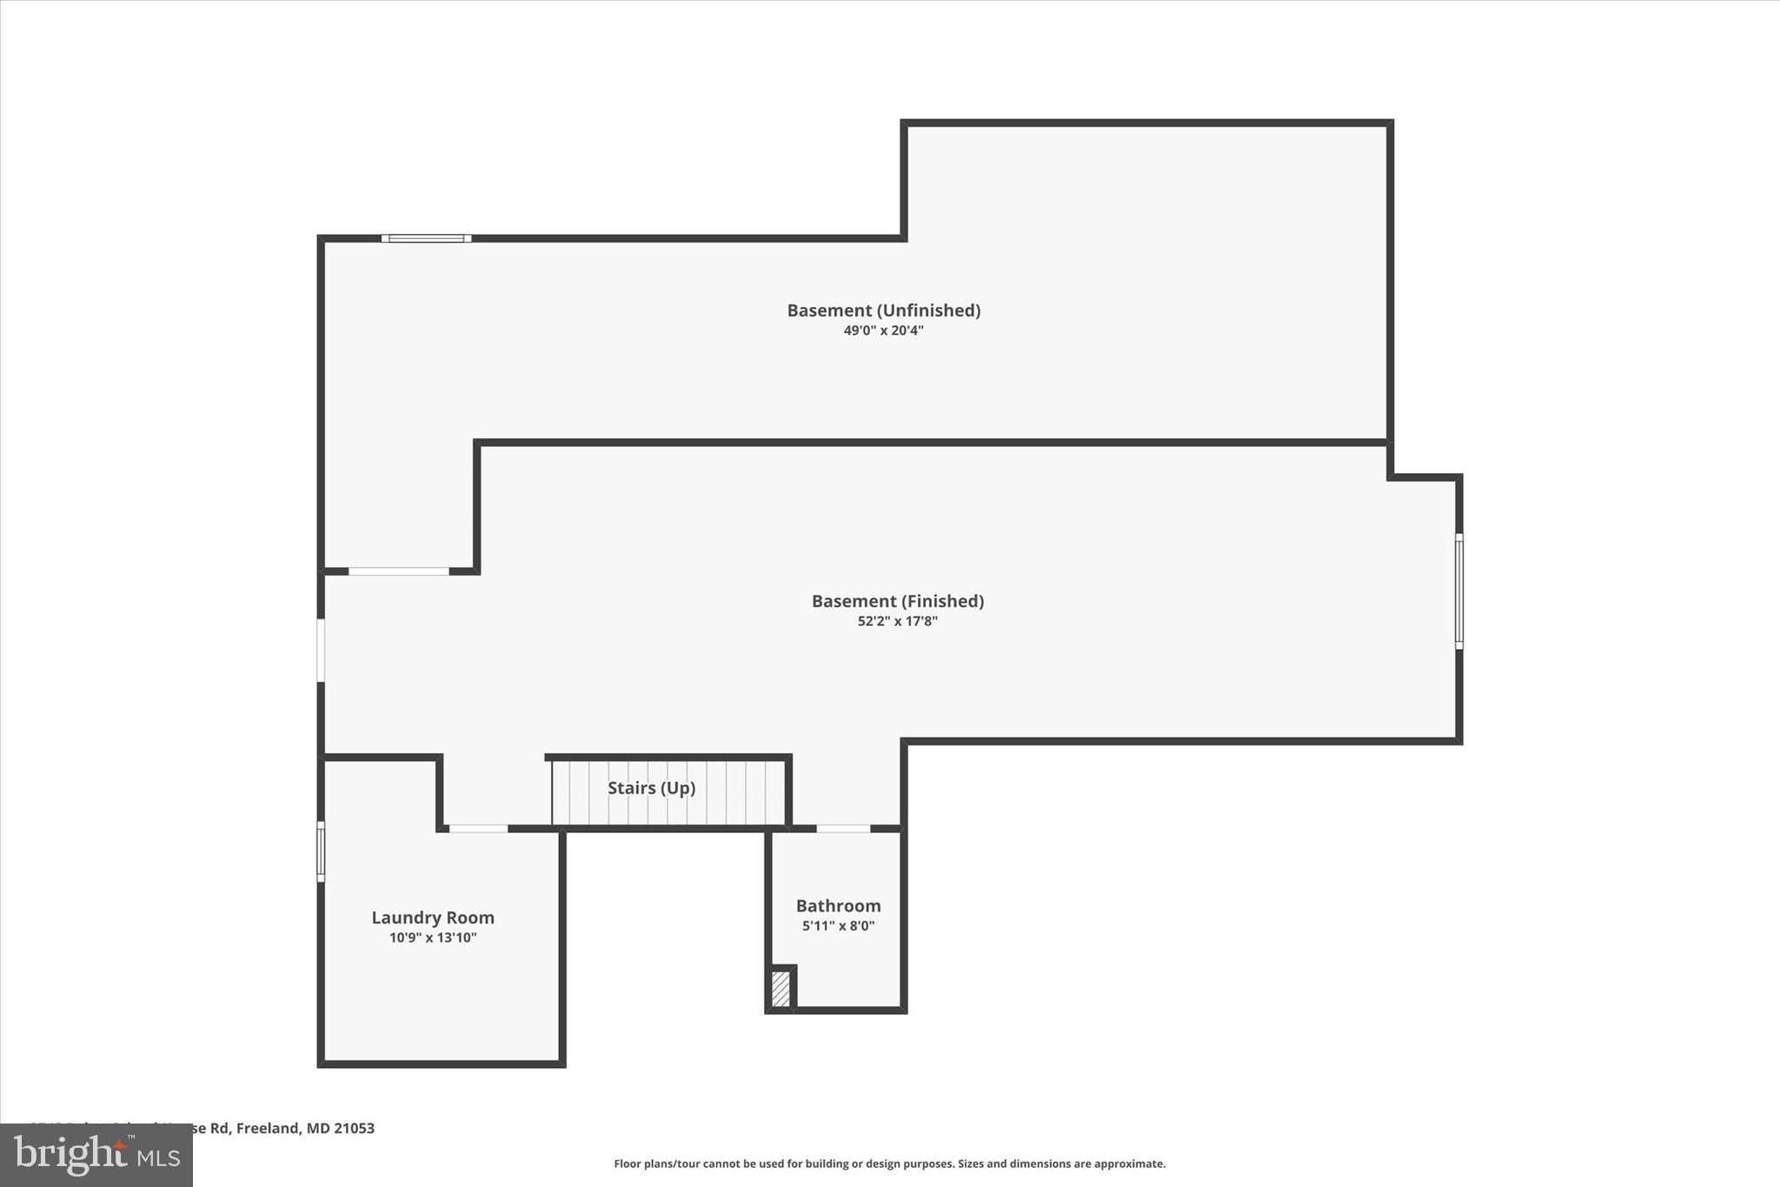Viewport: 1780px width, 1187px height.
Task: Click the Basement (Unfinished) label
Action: coord(883,310)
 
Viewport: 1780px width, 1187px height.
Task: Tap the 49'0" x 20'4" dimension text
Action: coord(883,330)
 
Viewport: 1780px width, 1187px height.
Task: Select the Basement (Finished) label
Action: coord(897,601)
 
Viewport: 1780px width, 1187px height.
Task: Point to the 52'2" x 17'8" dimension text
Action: coord(897,621)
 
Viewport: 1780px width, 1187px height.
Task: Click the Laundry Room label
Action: coord(433,917)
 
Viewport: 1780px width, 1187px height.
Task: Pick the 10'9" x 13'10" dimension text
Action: coord(433,937)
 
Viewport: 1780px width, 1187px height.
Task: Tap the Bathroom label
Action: coord(838,906)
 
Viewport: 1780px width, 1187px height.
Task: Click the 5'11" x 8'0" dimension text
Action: coord(838,926)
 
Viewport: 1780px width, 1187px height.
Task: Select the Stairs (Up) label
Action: coord(651,788)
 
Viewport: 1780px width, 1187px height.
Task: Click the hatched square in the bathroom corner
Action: coord(780,989)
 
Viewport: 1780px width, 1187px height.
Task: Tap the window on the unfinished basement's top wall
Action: coord(426,238)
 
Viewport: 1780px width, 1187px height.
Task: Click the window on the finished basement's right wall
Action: coord(1458,591)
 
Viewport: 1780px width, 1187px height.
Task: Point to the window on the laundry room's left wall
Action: coord(321,851)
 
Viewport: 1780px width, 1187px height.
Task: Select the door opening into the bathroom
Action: coord(843,829)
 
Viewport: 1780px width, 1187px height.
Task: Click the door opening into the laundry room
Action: coord(478,829)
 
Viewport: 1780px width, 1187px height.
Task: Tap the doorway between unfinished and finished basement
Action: coord(399,571)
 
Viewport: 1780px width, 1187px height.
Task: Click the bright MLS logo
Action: coord(96,1156)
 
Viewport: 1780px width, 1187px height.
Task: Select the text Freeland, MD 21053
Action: coord(305,1128)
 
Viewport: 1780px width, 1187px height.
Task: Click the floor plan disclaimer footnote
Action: coord(889,1164)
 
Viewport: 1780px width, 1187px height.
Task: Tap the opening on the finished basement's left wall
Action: coord(321,650)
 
